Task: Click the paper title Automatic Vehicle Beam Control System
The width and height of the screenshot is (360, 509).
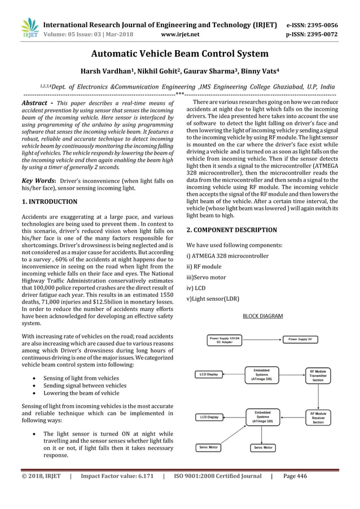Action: tap(180, 55)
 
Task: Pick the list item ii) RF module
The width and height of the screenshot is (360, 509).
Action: tap(204, 266)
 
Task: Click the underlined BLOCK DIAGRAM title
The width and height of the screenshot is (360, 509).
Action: tap(263, 317)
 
